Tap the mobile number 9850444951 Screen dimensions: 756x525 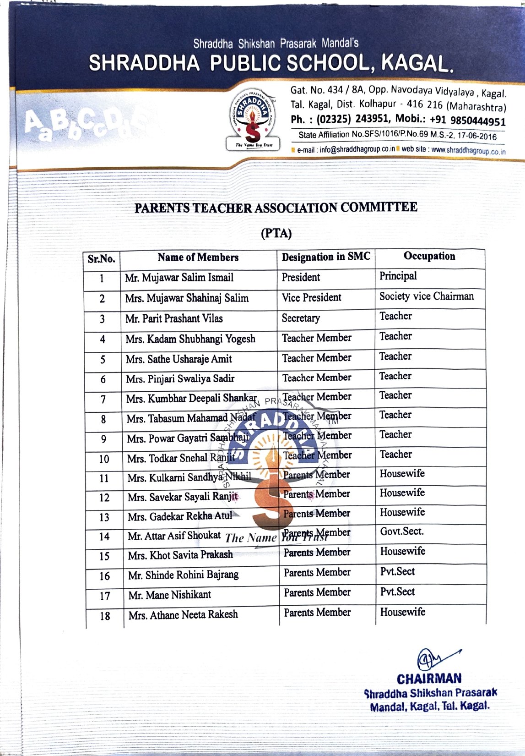pos(478,121)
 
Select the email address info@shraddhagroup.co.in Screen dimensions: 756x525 pos(357,149)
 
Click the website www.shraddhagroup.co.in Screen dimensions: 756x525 pos(468,150)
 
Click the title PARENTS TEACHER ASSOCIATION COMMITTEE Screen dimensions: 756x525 pos(276,208)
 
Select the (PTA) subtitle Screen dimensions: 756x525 pos(276,233)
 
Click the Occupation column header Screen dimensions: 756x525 pos(429,256)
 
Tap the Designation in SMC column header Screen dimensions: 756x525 pos(326,257)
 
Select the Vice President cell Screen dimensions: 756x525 pos(312,297)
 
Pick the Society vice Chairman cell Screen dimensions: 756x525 pos(427,296)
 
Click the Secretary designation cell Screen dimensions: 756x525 pos(301,318)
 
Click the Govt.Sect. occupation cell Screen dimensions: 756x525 pos(402,531)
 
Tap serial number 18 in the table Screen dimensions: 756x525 pos(105,616)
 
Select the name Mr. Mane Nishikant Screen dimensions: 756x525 pos(170,595)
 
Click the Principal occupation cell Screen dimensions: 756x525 pos(398,276)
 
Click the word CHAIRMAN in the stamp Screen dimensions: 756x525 pos(429,679)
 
